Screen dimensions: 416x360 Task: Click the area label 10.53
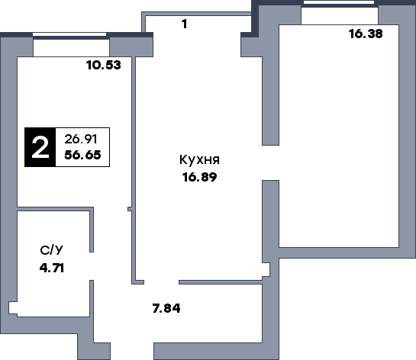pyautogui.click(x=104, y=65)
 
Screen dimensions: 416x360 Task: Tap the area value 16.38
pyautogui.click(x=366, y=34)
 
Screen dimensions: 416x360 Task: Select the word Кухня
pyautogui.click(x=199, y=160)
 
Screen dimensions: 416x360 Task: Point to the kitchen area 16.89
pyautogui.click(x=199, y=177)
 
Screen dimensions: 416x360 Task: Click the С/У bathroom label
pyautogui.click(x=52, y=250)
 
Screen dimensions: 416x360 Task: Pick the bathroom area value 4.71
pyautogui.click(x=52, y=268)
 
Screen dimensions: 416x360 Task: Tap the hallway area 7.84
pyautogui.click(x=166, y=308)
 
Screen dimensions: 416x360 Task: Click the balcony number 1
pyautogui.click(x=185, y=24)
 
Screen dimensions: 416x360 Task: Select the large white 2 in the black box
pyautogui.click(x=40, y=148)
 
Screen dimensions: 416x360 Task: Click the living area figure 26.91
pyautogui.click(x=81, y=139)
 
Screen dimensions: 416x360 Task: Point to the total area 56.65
pyautogui.click(x=82, y=155)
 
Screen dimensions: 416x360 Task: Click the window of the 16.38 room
pyautogui.click(x=339, y=2)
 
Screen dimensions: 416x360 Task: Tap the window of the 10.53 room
pyautogui.click(x=69, y=34)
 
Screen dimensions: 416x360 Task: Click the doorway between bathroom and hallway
pyautogui.click(x=92, y=266)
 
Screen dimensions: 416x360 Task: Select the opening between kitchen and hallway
pyautogui.click(x=161, y=282)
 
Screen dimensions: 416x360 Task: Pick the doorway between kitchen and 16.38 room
pyautogui.click(x=271, y=162)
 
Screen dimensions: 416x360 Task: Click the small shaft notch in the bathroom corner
pyautogui.click(x=13, y=308)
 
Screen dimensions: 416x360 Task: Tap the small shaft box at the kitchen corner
pyautogui.click(x=266, y=269)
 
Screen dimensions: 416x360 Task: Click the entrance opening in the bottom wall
pyautogui.click(x=132, y=352)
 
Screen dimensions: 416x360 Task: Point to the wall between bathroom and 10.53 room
pyautogui.click(x=55, y=209)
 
